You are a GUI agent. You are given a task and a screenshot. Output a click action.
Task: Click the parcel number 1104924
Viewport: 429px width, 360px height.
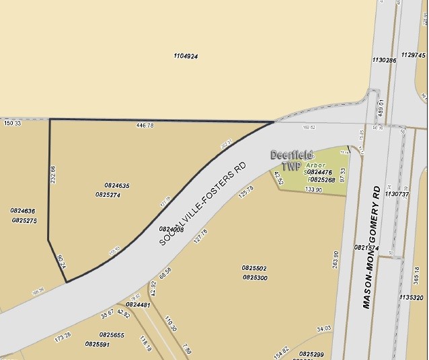point(186,56)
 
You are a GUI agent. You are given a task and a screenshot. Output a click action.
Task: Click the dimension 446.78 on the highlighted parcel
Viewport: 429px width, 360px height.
point(145,126)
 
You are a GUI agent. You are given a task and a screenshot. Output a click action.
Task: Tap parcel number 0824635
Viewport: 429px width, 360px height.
point(117,185)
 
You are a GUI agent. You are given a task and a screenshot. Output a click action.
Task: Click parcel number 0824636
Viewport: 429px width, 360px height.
point(23,211)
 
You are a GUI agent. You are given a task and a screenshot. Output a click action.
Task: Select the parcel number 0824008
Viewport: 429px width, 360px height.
point(171,230)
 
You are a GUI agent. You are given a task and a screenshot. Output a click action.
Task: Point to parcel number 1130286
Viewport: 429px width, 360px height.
point(384,60)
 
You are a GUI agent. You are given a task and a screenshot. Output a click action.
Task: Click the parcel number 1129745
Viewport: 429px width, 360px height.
point(414,55)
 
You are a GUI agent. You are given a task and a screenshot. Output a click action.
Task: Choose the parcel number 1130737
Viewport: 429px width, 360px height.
point(397,194)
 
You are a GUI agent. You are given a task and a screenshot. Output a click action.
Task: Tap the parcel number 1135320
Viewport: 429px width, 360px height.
point(411,297)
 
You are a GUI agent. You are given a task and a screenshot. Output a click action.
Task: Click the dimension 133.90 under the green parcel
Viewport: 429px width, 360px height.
point(313,191)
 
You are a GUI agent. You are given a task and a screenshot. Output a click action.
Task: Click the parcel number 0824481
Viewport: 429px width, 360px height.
point(138,305)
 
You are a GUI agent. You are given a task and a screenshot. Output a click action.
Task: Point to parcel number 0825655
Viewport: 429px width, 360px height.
point(112,334)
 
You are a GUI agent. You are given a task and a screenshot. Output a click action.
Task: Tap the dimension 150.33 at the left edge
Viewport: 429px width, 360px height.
point(12,124)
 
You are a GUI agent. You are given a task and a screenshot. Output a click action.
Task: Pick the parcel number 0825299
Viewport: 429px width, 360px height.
point(311,353)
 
